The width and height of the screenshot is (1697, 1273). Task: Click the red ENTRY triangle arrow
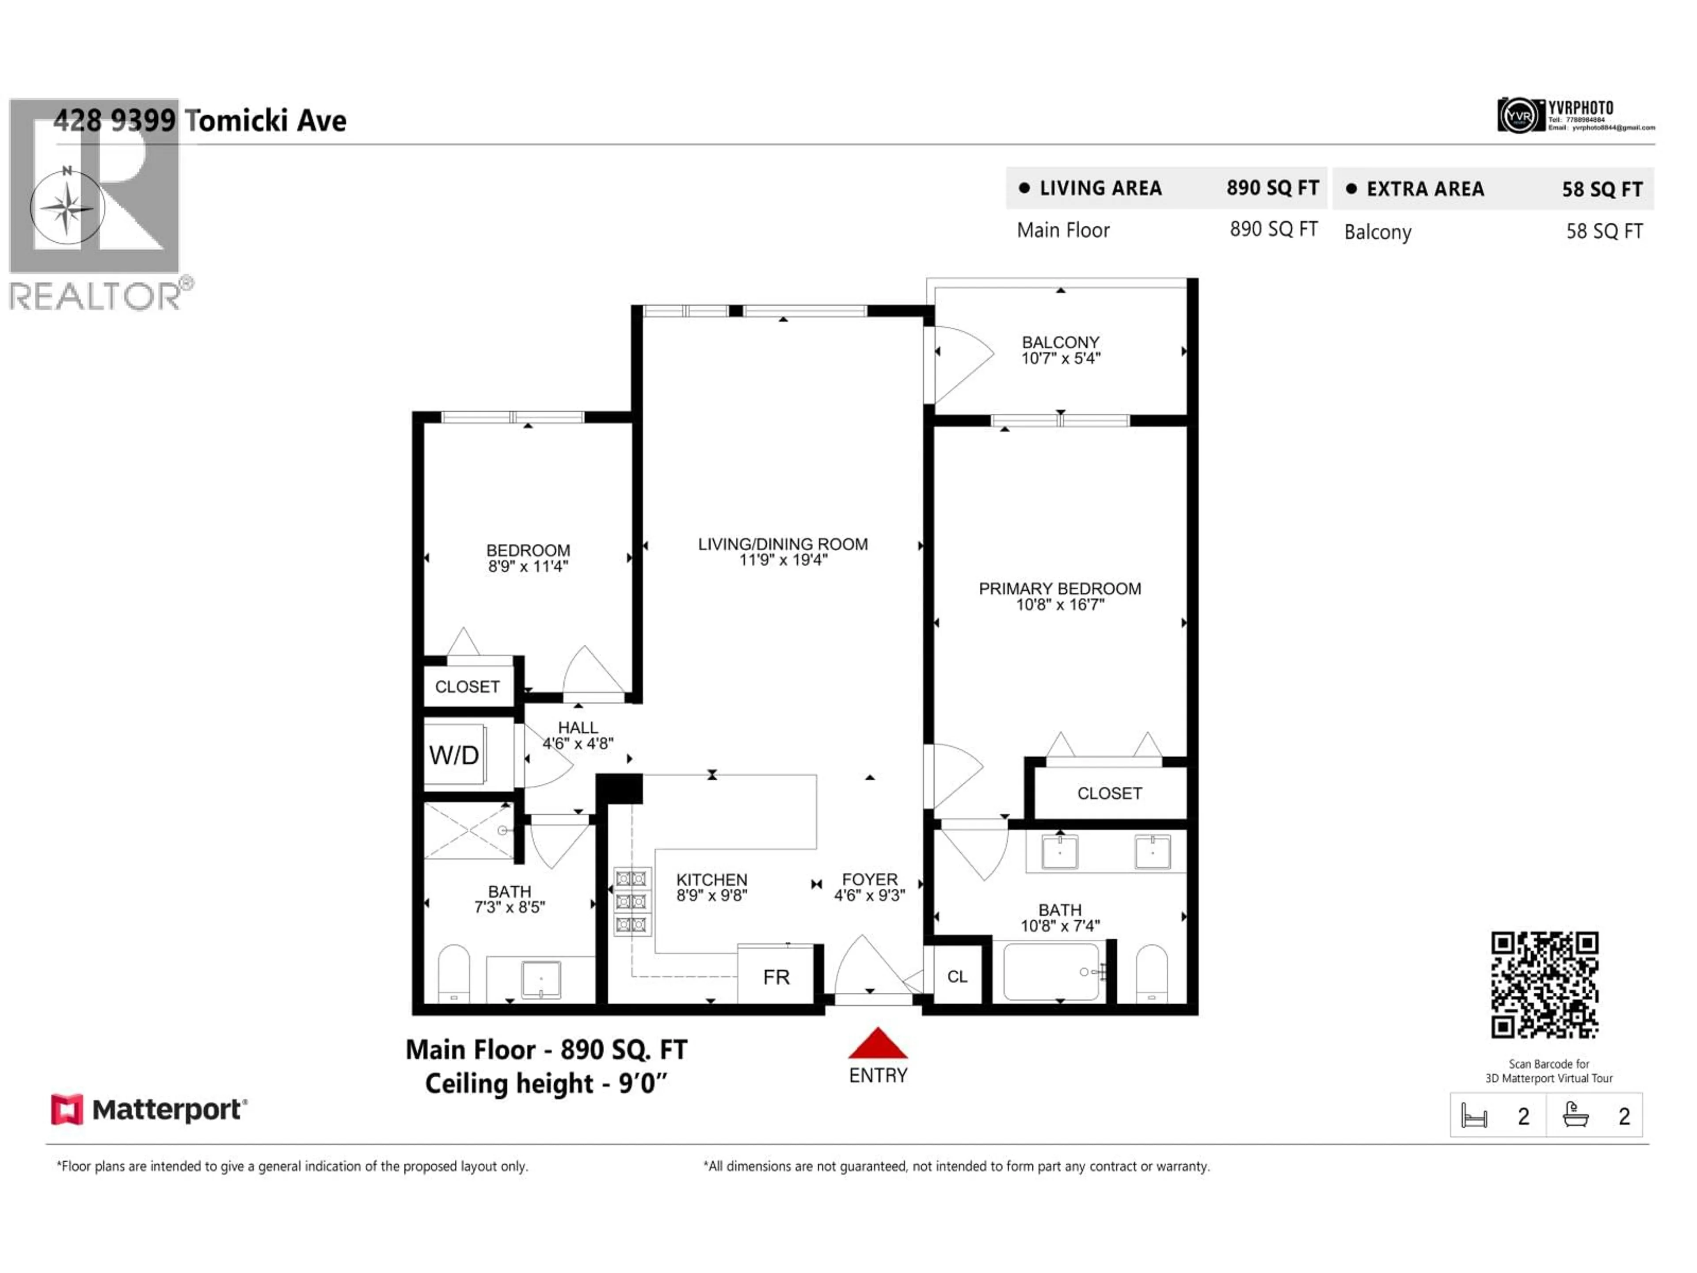878,1044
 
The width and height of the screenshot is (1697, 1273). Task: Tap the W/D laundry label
454,755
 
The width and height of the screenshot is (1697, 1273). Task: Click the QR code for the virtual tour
1545,984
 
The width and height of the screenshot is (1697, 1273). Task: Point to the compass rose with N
68,208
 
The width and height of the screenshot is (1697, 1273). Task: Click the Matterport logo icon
67,1109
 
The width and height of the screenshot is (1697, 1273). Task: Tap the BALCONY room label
1060,342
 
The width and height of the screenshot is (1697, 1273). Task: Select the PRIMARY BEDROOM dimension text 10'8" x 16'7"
1060,605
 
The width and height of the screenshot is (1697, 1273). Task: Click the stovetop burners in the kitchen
632,902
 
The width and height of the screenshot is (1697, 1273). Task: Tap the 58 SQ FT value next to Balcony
1604,232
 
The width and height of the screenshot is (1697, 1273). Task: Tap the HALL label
578,728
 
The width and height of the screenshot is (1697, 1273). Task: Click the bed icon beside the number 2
1474,1116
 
